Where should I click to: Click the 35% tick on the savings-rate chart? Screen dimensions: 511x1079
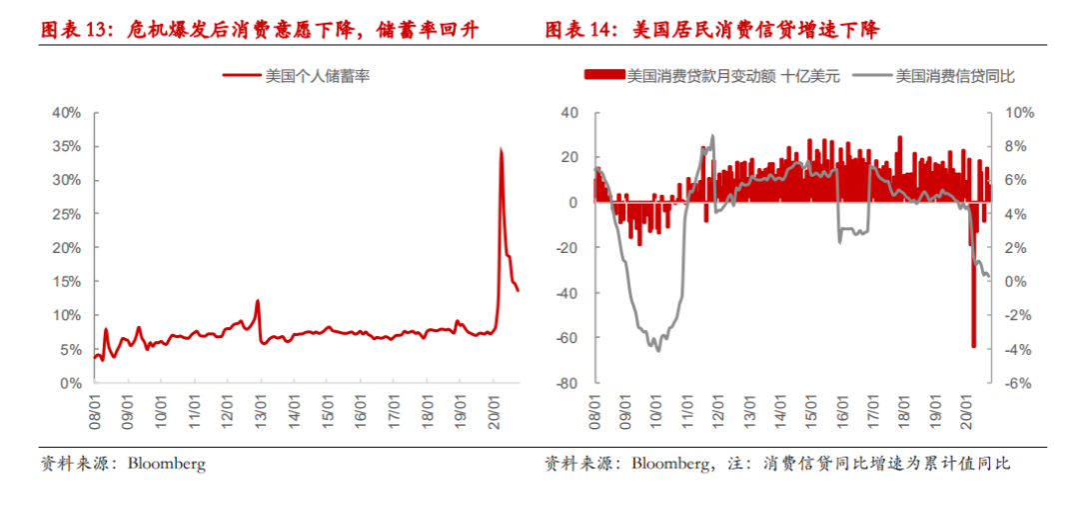point(67,146)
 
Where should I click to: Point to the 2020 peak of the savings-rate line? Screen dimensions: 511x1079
point(501,149)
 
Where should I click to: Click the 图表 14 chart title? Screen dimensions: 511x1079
point(711,30)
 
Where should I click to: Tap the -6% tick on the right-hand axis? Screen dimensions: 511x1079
point(1017,383)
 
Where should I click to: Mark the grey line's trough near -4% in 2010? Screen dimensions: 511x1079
point(657,350)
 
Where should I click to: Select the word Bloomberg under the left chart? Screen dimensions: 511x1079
point(167,464)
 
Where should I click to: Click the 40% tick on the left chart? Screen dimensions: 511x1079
point(67,112)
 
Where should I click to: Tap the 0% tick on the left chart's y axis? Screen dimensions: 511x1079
point(71,383)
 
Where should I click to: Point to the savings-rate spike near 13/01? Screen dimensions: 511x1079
point(258,301)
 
